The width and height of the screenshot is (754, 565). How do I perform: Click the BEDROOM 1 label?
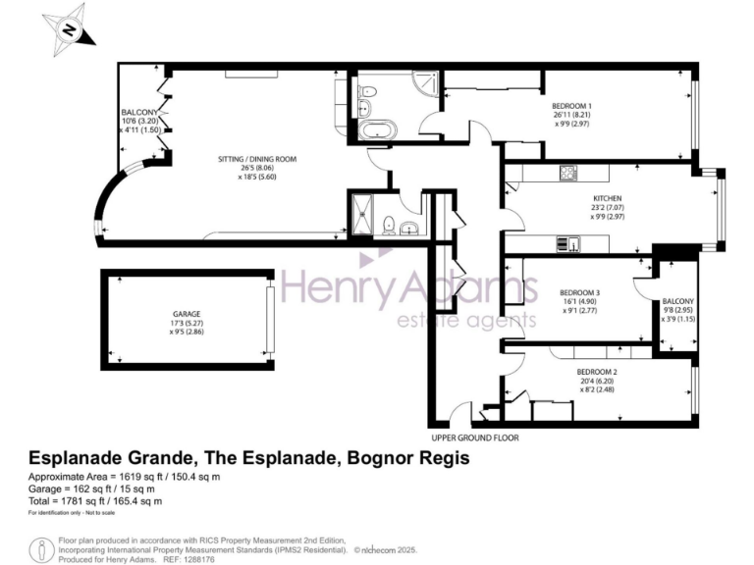(570, 105)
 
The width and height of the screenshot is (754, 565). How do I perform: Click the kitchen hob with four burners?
(566, 175)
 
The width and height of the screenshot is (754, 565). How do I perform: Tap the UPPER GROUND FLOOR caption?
(474, 437)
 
